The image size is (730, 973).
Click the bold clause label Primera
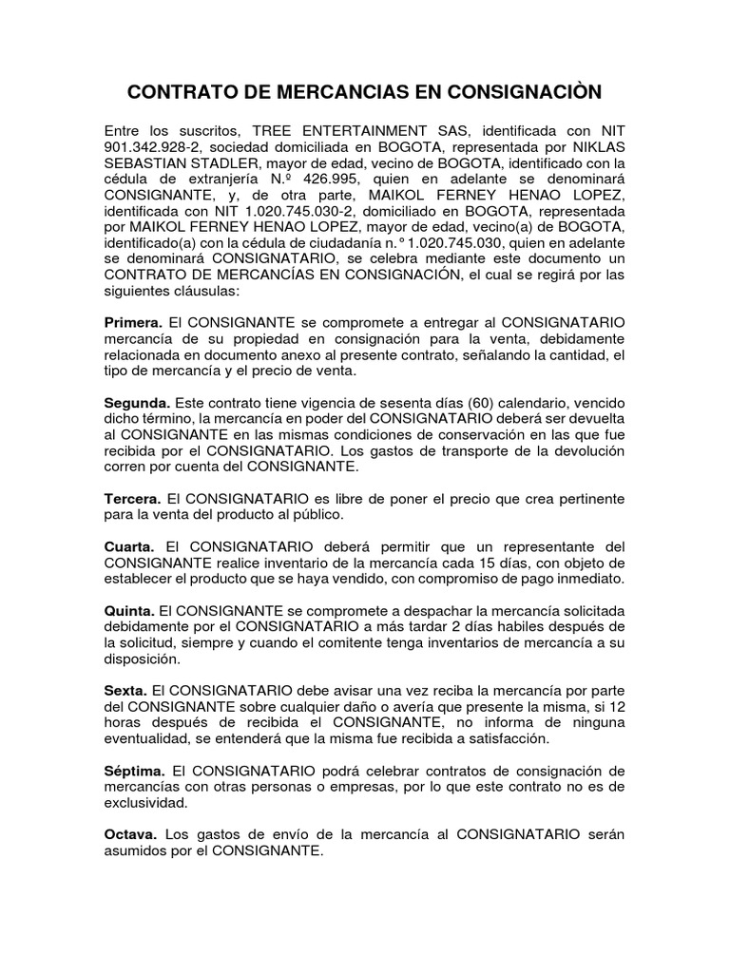coord(133,324)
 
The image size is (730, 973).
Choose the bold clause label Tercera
coord(132,498)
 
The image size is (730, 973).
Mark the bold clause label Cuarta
coord(130,546)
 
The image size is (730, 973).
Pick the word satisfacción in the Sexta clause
coord(527,739)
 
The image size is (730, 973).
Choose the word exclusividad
coord(145,803)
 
